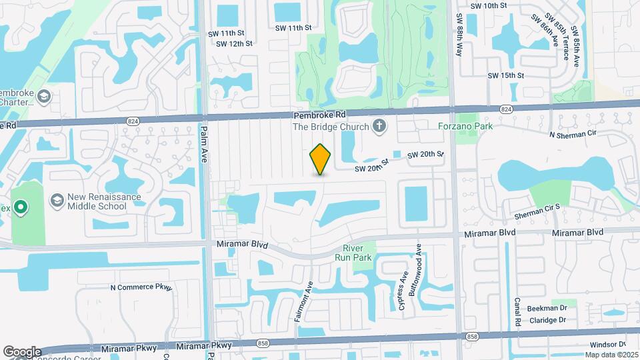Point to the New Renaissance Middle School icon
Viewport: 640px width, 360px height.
point(57,201)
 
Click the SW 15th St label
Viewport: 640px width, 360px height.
point(507,76)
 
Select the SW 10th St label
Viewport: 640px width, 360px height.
point(489,5)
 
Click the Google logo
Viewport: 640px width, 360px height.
point(22,351)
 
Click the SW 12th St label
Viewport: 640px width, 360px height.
point(234,43)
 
